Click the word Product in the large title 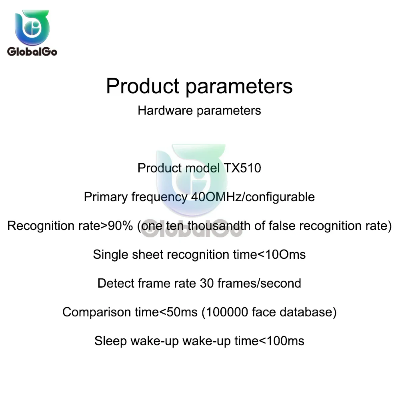[143, 86]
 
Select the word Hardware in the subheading [165, 111]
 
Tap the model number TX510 [242, 168]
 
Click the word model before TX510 [202, 168]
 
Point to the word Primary [106, 197]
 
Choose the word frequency [160, 197]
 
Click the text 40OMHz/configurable [253, 197]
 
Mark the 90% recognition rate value [120, 226]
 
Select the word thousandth [219, 226]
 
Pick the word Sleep [110, 341]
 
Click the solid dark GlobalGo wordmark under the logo [32, 52]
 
